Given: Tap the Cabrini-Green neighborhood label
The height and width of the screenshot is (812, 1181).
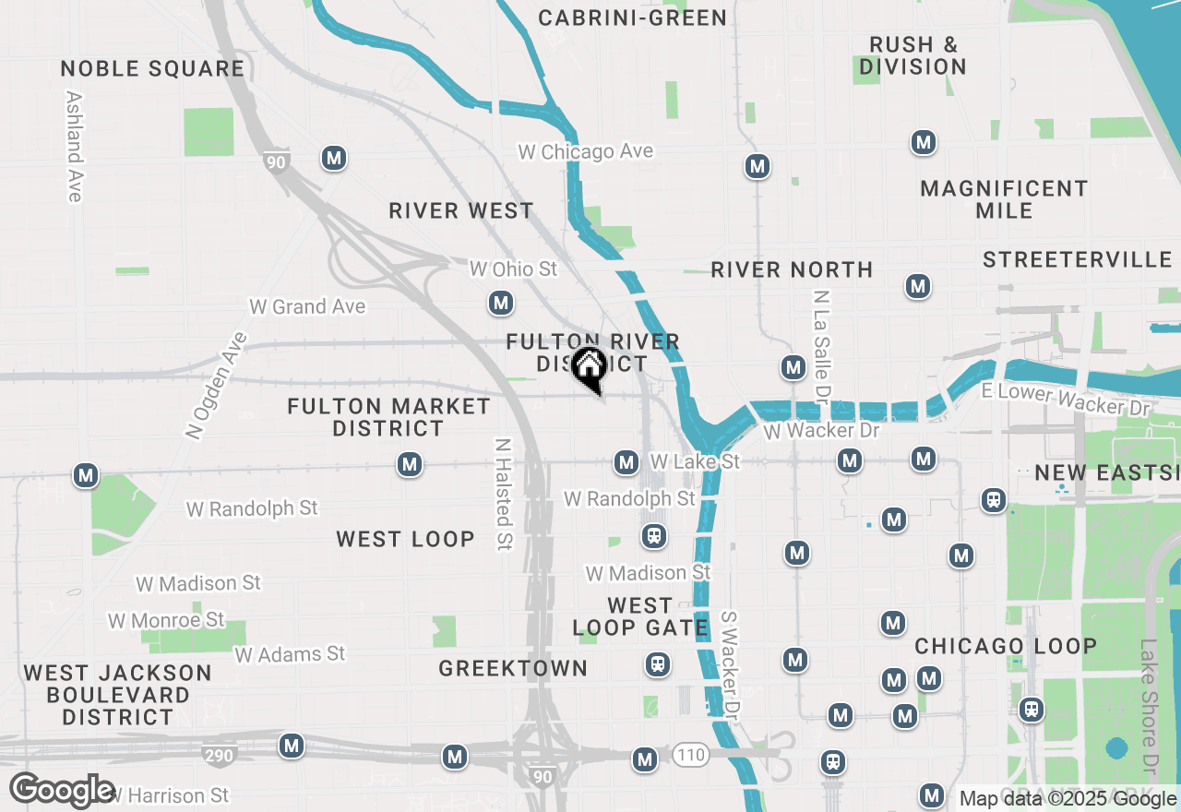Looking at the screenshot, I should [632, 18].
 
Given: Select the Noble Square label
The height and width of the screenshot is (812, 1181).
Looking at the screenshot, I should [153, 68].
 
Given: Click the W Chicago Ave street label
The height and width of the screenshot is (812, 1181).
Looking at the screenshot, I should [586, 152].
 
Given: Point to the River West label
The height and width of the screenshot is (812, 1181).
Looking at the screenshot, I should [460, 210].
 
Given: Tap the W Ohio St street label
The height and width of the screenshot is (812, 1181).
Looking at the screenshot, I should [514, 269].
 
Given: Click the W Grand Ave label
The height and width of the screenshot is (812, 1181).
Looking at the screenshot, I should [307, 306].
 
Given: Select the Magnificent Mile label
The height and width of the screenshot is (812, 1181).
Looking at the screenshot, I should [1004, 199].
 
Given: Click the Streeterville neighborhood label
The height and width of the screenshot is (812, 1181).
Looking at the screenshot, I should [1077, 259].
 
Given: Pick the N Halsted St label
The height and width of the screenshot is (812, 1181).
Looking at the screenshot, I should [504, 494].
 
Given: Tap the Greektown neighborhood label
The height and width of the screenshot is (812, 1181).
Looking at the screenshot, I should [513, 668].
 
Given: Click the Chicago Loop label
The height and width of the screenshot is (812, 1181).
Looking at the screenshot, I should [1006, 646].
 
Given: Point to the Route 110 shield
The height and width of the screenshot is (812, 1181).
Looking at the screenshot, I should [690, 756].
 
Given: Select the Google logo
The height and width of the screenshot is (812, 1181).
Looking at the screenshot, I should [62, 791].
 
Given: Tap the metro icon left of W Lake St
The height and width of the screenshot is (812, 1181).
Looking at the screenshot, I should [626, 461].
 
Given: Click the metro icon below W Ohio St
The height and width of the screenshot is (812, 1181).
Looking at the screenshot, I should [501, 302].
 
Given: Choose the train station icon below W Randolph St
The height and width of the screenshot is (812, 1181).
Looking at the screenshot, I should [654, 536].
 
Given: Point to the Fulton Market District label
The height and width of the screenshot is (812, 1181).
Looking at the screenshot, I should [388, 417].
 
